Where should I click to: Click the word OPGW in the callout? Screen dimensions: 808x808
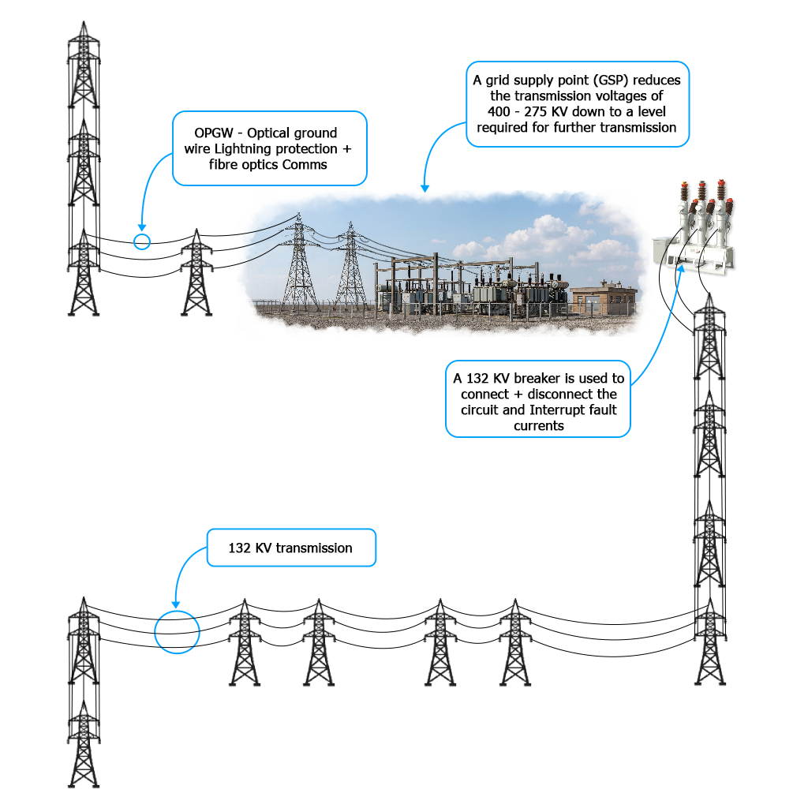[213, 133]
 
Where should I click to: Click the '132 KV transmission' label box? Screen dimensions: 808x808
[291, 548]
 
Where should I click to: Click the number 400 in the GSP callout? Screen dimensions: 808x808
[499, 112]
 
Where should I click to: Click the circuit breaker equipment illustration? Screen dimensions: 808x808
[694, 226]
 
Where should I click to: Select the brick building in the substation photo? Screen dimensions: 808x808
[604, 299]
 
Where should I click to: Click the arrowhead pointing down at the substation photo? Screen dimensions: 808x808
[425, 188]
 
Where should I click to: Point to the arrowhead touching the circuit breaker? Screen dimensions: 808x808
[681, 270]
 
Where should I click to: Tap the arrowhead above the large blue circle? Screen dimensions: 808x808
[176, 605]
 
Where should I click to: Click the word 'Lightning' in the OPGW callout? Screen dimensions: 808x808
[243, 149]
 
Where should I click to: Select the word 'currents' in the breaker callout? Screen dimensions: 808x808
[538, 425]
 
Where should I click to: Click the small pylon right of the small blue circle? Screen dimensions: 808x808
[196, 272]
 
